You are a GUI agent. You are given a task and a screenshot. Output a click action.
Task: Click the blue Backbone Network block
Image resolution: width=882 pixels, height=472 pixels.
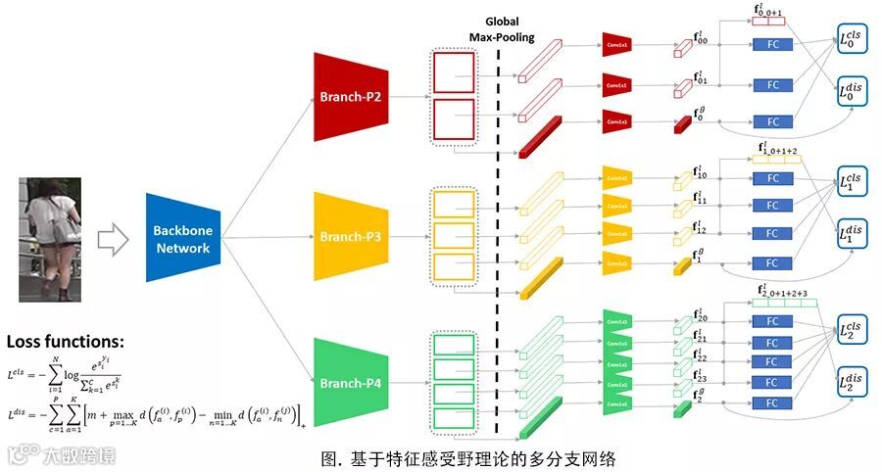[x=181, y=238]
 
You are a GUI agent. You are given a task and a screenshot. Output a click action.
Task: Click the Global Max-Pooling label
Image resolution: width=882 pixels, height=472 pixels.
[x=501, y=28]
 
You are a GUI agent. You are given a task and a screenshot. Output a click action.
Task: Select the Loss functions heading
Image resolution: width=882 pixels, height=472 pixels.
[x=66, y=342]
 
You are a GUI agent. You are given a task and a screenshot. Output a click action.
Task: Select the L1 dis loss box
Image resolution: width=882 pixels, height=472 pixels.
[x=855, y=234]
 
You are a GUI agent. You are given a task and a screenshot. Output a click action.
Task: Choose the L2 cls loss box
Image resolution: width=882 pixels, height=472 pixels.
[x=855, y=330]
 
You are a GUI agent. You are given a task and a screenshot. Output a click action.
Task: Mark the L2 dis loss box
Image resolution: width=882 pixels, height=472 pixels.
[x=855, y=383]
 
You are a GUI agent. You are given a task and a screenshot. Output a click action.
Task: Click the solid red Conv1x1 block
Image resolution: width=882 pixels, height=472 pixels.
[x=615, y=121]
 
